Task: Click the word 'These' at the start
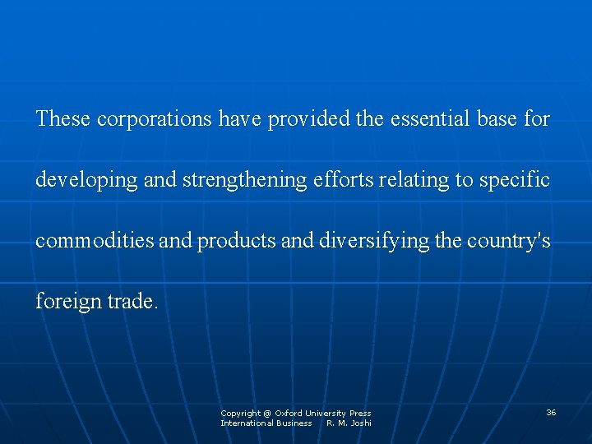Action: pos(63,119)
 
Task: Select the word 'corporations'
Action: pos(155,119)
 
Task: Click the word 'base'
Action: pos(497,119)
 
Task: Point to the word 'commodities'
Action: pos(92,241)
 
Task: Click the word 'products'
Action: pos(235,241)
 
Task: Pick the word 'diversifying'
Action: pos(368,241)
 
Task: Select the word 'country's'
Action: pos(508,241)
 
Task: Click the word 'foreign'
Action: pos(68,302)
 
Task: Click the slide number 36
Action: pos(551,412)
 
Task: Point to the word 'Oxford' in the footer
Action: pos(289,413)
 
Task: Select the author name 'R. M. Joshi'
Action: pos(349,423)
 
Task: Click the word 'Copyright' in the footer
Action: pos(240,413)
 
